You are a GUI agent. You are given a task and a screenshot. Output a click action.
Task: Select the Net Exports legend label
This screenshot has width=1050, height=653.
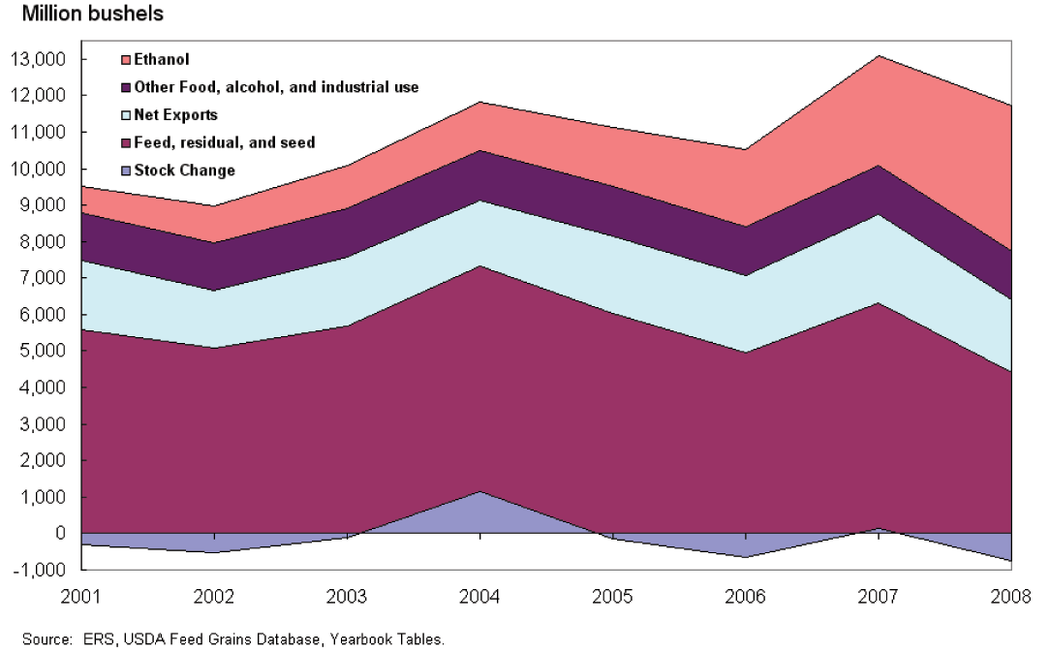click(175, 115)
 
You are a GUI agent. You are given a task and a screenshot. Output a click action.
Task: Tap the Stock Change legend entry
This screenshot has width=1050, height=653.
click(184, 171)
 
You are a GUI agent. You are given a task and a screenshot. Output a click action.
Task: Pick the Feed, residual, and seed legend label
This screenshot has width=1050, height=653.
click(224, 142)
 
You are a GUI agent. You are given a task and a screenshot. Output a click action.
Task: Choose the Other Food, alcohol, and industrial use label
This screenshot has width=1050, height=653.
click(276, 87)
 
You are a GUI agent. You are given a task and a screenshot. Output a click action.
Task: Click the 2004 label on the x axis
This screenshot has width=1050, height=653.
click(480, 595)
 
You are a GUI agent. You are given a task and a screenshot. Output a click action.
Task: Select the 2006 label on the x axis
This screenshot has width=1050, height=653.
click(746, 595)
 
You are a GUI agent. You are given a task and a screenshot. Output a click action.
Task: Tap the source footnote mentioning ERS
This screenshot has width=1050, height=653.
click(232, 639)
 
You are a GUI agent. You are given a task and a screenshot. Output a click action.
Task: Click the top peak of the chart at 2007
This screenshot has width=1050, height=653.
click(878, 56)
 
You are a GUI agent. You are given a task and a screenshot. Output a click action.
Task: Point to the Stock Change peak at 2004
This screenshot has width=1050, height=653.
click(480, 492)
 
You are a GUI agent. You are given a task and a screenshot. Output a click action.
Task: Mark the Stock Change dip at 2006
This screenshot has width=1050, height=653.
click(746, 556)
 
